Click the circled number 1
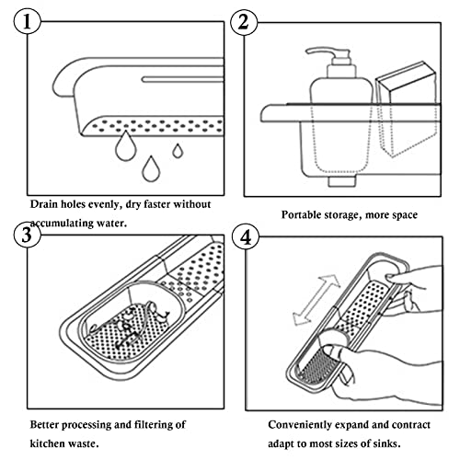tap(27, 21)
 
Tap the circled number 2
tap(244, 22)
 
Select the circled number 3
tap(27, 235)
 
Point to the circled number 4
tap(246, 237)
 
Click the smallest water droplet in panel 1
tap(178, 151)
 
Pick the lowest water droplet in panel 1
tap(151, 169)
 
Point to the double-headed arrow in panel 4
tap(316, 300)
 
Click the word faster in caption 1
tap(156, 204)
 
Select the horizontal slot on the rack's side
tap(183, 79)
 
